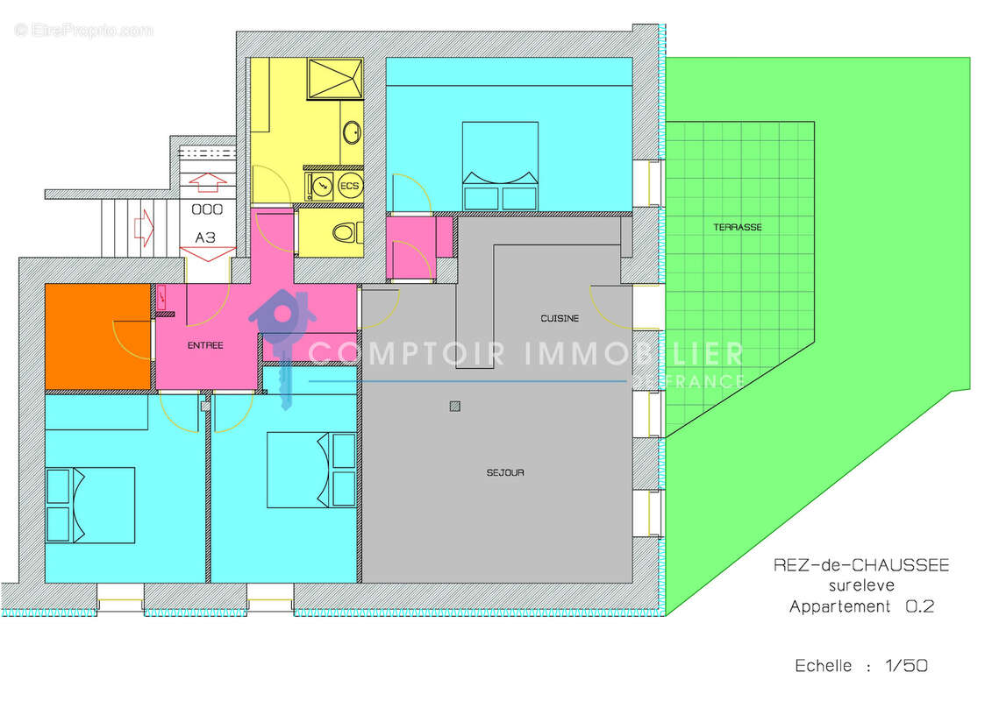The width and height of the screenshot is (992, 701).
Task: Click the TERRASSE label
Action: pyautogui.click(x=737, y=227)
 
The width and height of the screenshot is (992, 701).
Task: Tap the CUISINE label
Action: pyautogui.click(x=559, y=318)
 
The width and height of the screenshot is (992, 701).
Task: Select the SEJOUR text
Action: pyautogui.click(x=505, y=472)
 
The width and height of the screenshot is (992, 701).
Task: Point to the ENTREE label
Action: pyautogui.click(x=205, y=345)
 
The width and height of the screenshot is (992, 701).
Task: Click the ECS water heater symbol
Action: pyautogui.click(x=349, y=186)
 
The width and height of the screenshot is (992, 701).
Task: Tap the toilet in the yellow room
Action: pyautogui.click(x=346, y=233)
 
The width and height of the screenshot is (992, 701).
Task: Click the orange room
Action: pyautogui.click(x=96, y=336)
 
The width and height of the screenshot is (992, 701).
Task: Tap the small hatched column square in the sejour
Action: pyautogui.click(x=453, y=406)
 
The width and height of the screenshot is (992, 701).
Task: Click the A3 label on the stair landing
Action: pyautogui.click(x=205, y=237)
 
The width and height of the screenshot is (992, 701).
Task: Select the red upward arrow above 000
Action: pyautogui.click(x=207, y=181)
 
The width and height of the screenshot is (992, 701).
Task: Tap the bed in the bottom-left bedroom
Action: pyautogui.click(x=90, y=505)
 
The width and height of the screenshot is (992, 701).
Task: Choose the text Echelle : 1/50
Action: pyautogui.click(x=860, y=666)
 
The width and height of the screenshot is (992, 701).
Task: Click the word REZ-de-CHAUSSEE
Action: pyautogui.click(x=860, y=566)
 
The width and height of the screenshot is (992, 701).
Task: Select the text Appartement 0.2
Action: pyautogui.click(x=860, y=606)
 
